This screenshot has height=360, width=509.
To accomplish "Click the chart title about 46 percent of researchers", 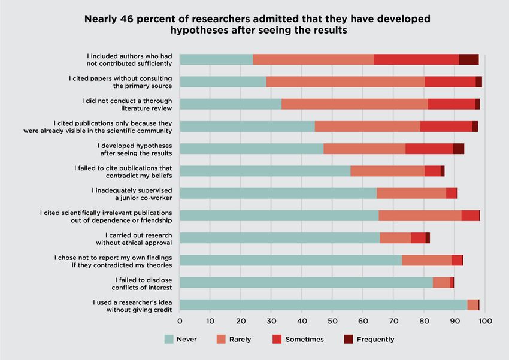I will pos(257,24).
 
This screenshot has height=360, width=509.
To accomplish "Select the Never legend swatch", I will pos(169,339).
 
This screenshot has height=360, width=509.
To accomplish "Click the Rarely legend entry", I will pos(240,339).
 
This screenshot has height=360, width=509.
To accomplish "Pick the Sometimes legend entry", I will pos(304,339).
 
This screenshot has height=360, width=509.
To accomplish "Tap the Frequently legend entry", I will pos(375,339).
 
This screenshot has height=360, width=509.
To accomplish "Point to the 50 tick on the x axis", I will pos(332,321).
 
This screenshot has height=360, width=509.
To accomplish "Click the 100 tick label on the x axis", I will pos(484,321).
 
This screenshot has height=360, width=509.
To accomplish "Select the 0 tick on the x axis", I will pos(180,321).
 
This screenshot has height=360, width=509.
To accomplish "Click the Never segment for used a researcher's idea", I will pos(323,305).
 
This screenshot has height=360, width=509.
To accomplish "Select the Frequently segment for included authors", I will pos(468,59).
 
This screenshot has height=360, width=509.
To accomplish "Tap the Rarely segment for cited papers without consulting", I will pos(346,81).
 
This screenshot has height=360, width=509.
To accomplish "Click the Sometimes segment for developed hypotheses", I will pos(429,149).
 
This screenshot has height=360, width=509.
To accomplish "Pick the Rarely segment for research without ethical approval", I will pos(395,238).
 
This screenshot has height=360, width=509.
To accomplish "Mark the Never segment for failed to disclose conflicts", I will pos(306,283).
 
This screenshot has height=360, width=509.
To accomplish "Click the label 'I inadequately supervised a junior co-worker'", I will pos(132,193).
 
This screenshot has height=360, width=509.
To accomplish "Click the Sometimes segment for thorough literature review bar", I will pos(452,104).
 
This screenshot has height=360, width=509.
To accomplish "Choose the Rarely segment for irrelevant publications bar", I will pos(420,216).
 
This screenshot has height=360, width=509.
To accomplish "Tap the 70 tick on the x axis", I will pos(393,321).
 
